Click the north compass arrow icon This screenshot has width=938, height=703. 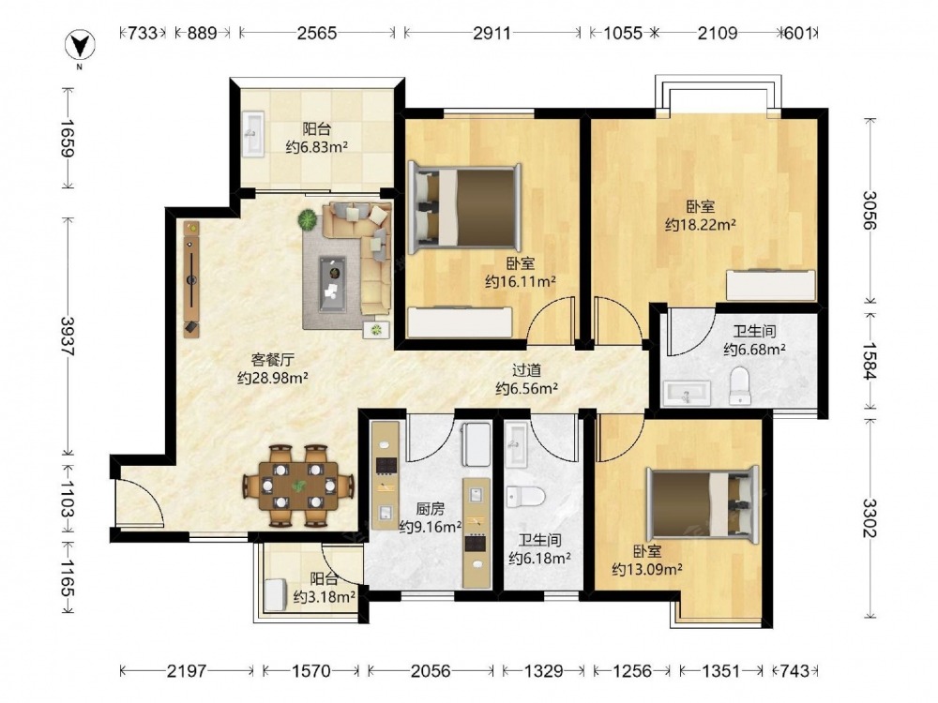(x=80, y=46)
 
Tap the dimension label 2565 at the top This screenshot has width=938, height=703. (x=317, y=32)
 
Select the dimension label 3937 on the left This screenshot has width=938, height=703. (x=67, y=336)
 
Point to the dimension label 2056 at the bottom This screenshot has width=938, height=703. (x=431, y=671)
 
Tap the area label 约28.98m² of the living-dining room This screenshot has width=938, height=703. (x=273, y=378)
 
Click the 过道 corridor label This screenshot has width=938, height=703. (x=526, y=370)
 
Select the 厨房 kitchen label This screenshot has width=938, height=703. (x=430, y=509)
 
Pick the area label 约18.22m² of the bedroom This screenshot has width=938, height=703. (x=701, y=225)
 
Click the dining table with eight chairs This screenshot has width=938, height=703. (x=298, y=486)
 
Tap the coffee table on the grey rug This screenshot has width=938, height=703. (x=332, y=283)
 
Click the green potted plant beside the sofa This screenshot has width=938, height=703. (x=308, y=220)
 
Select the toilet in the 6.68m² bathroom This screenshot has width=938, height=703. (x=740, y=385)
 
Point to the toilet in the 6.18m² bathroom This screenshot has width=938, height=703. (x=525, y=497)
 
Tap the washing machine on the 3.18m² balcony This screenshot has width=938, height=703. (x=277, y=595)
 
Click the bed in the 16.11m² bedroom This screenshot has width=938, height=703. (x=464, y=207)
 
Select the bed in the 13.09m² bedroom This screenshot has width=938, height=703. (x=703, y=504)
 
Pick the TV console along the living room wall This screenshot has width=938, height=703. (x=191, y=279)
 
